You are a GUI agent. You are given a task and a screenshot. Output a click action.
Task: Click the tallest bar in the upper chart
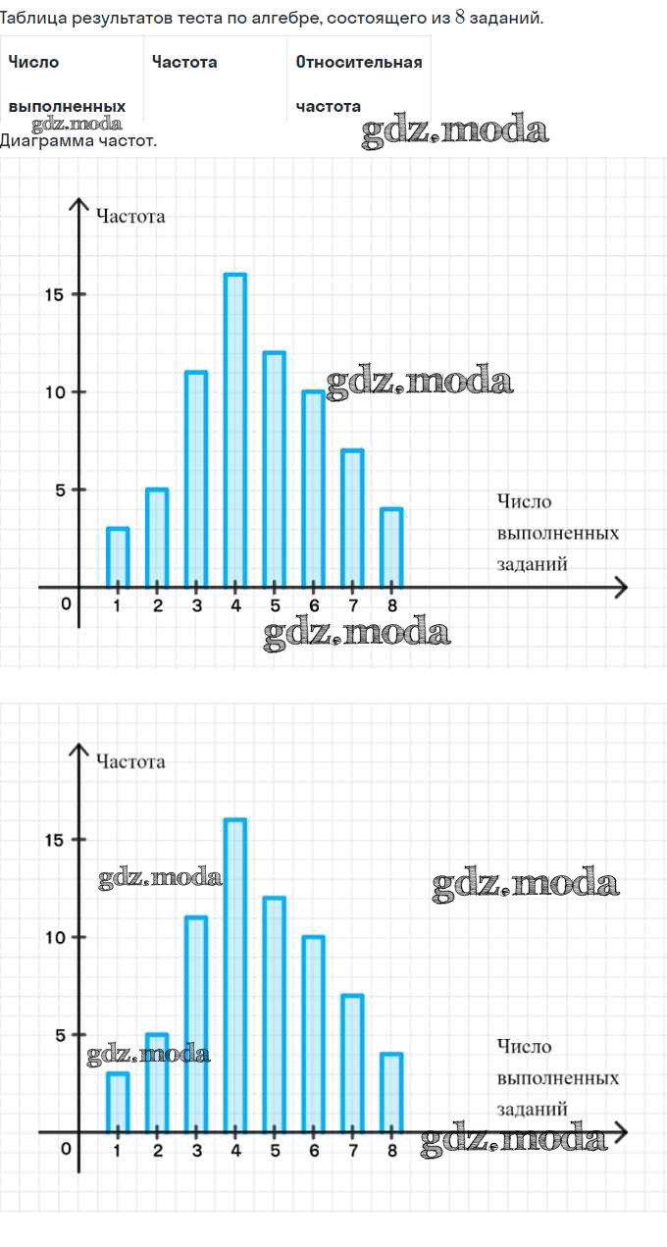(235, 432)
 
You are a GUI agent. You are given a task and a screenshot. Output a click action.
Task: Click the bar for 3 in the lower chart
(196, 1024)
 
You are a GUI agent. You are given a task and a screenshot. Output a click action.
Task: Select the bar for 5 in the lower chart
(275, 1014)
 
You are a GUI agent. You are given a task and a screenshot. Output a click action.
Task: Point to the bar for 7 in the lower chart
(352, 1064)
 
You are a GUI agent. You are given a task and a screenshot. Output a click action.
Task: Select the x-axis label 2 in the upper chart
(157, 605)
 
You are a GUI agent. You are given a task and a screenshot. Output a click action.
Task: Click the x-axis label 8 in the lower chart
(392, 1151)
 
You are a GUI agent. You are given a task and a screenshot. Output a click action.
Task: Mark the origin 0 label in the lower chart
(66, 1149)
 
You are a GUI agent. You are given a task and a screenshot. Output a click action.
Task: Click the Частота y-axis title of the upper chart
(130, 216)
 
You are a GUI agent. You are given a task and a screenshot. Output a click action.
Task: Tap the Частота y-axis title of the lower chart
(130, 761)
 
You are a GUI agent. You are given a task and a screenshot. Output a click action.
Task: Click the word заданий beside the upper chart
(533, 564)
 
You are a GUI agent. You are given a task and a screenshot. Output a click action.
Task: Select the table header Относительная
(359, 62)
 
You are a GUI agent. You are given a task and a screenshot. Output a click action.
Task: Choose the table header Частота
(184, 62)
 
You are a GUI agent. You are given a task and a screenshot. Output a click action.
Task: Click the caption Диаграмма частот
(78, 140)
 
